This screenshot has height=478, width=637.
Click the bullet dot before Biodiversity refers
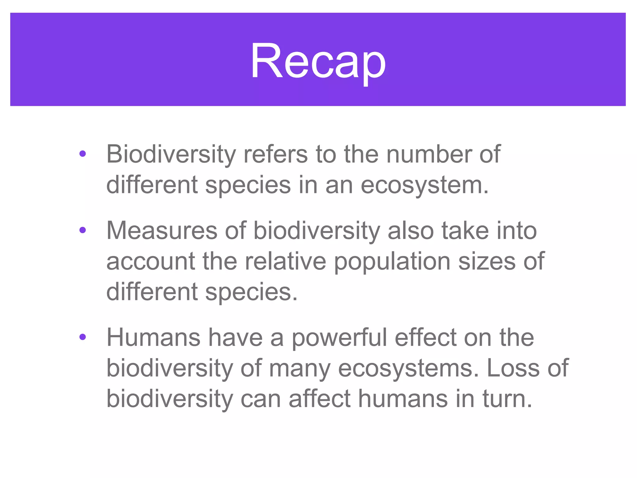point(82,154)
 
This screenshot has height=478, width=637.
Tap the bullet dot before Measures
point(82,230)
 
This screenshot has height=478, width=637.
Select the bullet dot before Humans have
point(82,337)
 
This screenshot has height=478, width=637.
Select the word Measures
point(162,231)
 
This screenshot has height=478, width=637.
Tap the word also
point(411,231)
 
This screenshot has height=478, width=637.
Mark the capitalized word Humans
point(153,337)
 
